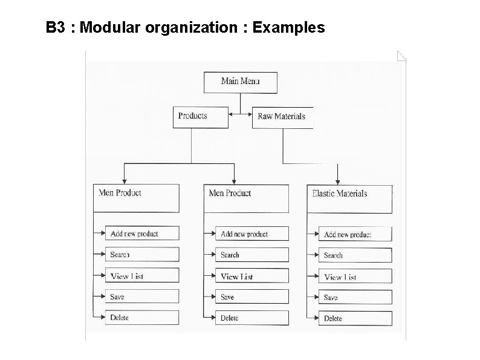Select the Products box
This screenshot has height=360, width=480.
point(201,117)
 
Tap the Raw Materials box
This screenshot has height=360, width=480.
point(282,117)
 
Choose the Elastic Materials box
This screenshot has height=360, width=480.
point(349,198)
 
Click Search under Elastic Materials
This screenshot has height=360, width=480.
point(355,255)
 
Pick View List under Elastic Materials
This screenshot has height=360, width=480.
point(355,277)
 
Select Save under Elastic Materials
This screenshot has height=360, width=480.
point(355,298)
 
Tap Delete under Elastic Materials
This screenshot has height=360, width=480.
point(355,318)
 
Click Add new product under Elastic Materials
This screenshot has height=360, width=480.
point(355,234)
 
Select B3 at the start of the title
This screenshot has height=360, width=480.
point(56,28)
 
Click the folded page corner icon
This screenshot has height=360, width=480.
point(402,56)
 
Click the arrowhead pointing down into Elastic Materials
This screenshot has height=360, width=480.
point(337,181)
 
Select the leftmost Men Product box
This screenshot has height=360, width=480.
point(135,198)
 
